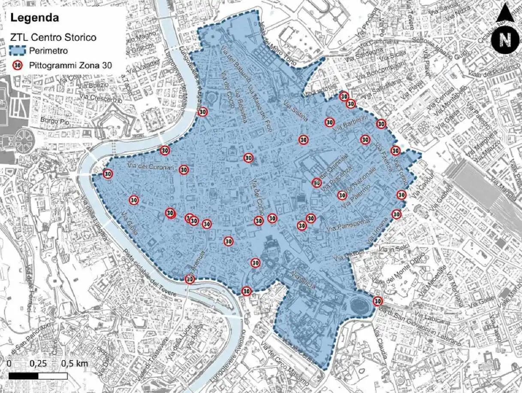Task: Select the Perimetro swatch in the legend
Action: (18, 51)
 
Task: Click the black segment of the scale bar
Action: (23, 376)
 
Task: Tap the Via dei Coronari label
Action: (150, 167)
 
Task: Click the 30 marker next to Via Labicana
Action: (377, 301)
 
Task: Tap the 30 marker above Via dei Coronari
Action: (165, 151)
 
